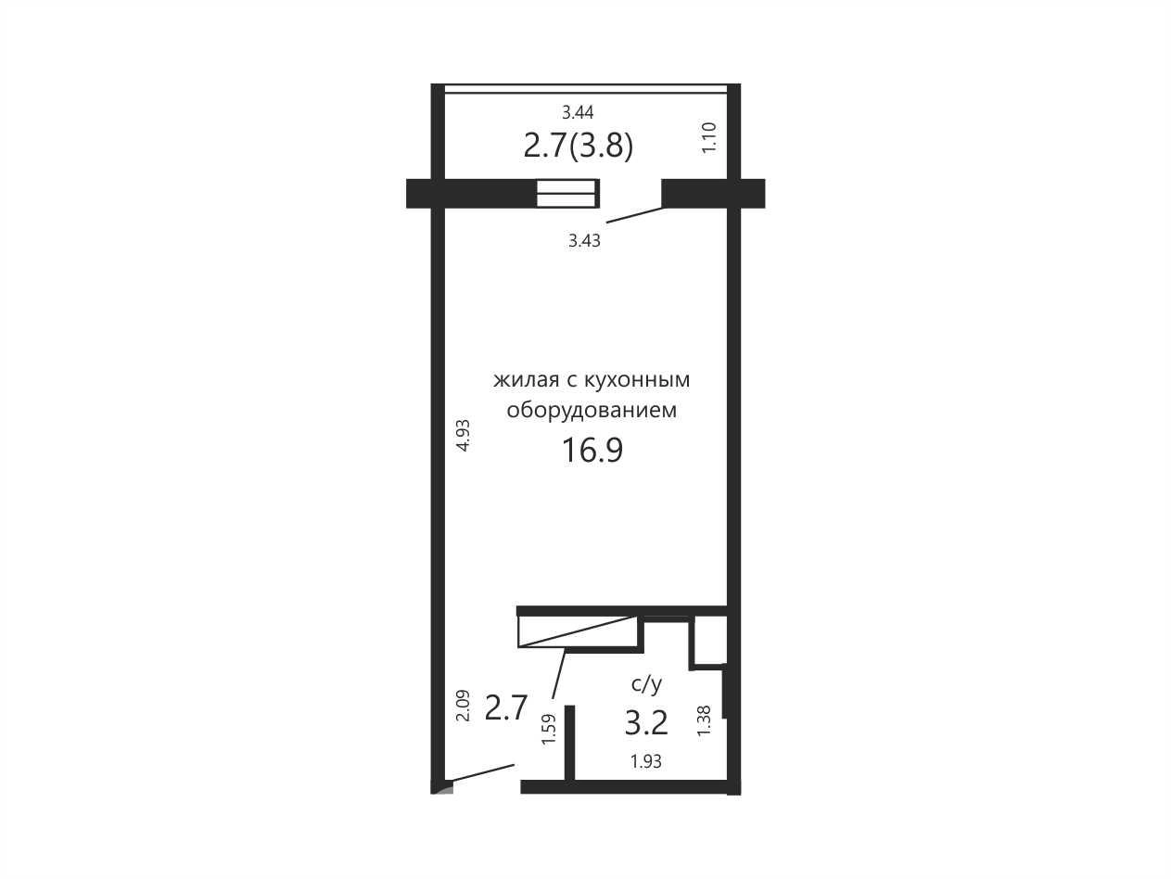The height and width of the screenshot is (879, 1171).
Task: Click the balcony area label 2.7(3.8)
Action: pos(579,146)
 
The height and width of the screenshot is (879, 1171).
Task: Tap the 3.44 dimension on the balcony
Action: pos(578,112)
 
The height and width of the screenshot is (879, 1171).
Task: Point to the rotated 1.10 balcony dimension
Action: pos(708,138)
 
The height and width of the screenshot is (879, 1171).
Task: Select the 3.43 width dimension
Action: pos(584,241)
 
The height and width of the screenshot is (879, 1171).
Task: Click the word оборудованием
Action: pos(592,411)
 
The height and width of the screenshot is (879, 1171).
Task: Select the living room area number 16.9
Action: pos(592,451)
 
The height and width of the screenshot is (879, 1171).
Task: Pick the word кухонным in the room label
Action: pos(637,380)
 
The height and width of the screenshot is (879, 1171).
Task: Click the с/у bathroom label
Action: pos(646,683)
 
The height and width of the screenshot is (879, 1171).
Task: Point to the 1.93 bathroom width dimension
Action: pos(646,761)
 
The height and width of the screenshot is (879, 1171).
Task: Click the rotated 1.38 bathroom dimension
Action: pos(705,721)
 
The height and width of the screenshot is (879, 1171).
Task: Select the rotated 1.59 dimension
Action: pos(549,730)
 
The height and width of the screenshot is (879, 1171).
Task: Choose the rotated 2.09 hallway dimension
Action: pos(463,706)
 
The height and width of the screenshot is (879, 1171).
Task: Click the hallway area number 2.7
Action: pos(505,707)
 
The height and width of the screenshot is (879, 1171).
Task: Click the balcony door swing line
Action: pos(635,215)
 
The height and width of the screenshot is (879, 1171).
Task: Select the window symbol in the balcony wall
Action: pos(567,193)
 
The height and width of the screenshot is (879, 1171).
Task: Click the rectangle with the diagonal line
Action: pos(579,632)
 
